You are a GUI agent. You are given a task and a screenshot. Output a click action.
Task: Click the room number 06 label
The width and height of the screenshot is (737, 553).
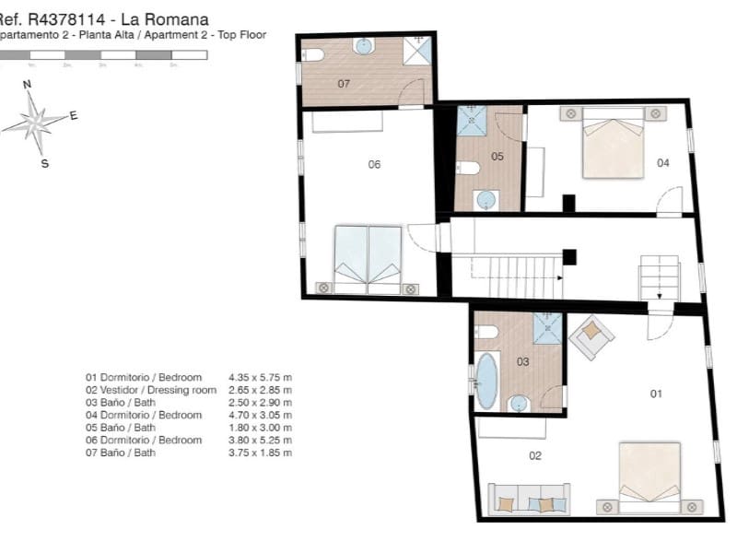(374, 165)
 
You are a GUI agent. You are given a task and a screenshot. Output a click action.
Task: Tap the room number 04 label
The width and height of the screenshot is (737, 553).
(662, 163)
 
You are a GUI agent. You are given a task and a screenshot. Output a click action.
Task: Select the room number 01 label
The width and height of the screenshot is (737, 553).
(656, 394)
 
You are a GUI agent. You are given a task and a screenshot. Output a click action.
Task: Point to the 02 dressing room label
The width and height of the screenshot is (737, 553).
(535, 455)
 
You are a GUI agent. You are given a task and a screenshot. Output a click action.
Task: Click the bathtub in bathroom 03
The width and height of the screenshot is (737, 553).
(485, 381)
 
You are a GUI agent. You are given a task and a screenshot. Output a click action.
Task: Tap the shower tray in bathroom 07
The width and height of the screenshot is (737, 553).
(416, 50)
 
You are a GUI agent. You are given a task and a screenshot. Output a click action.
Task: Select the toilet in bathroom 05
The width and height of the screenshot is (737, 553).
(468, 168)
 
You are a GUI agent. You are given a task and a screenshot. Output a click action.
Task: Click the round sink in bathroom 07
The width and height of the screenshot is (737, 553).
(364, 45)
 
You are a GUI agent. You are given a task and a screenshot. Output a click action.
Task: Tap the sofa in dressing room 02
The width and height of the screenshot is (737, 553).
(528, 499)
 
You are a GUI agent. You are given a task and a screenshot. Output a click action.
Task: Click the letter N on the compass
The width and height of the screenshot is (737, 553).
(27, 84)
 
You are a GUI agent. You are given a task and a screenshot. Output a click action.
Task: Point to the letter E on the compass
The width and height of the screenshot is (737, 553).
(74, 116)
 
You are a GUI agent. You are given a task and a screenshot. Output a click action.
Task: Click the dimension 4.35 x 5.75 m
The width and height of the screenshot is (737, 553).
(260, 378)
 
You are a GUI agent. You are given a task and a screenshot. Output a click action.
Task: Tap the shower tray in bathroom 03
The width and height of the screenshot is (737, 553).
(547, 327)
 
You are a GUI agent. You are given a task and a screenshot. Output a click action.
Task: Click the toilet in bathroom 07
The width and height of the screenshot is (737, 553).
(312, 54)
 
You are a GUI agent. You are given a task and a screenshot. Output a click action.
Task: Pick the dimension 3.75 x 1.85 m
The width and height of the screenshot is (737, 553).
(260, 453)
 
